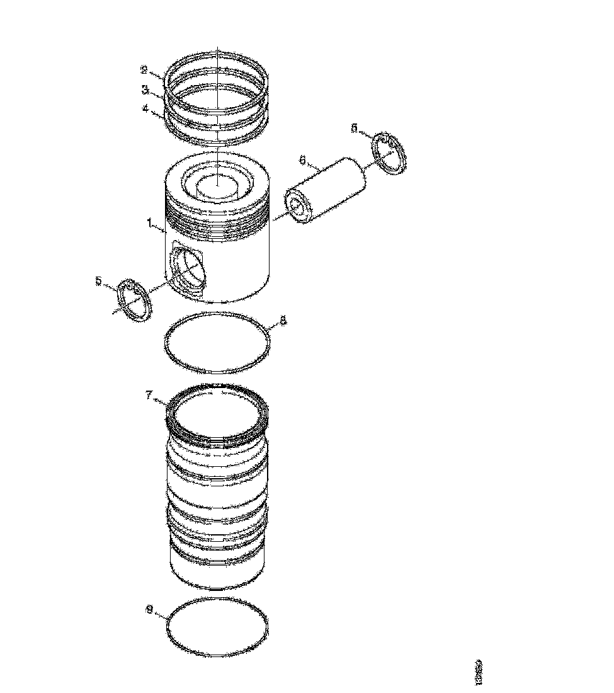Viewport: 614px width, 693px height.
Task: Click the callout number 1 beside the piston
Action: point(149,222)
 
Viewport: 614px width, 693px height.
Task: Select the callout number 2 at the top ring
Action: point(144,70)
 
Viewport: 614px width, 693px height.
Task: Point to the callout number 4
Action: point(145,108)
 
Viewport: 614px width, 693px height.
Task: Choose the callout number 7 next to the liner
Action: point(149,395)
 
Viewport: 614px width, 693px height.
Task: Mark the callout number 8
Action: point(283,321)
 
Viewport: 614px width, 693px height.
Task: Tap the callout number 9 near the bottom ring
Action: point(149,609)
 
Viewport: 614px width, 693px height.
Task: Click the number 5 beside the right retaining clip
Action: point(354,128)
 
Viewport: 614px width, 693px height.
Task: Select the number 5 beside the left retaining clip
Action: point(99,281)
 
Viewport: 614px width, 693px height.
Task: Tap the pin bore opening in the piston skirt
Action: point(190,270)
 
